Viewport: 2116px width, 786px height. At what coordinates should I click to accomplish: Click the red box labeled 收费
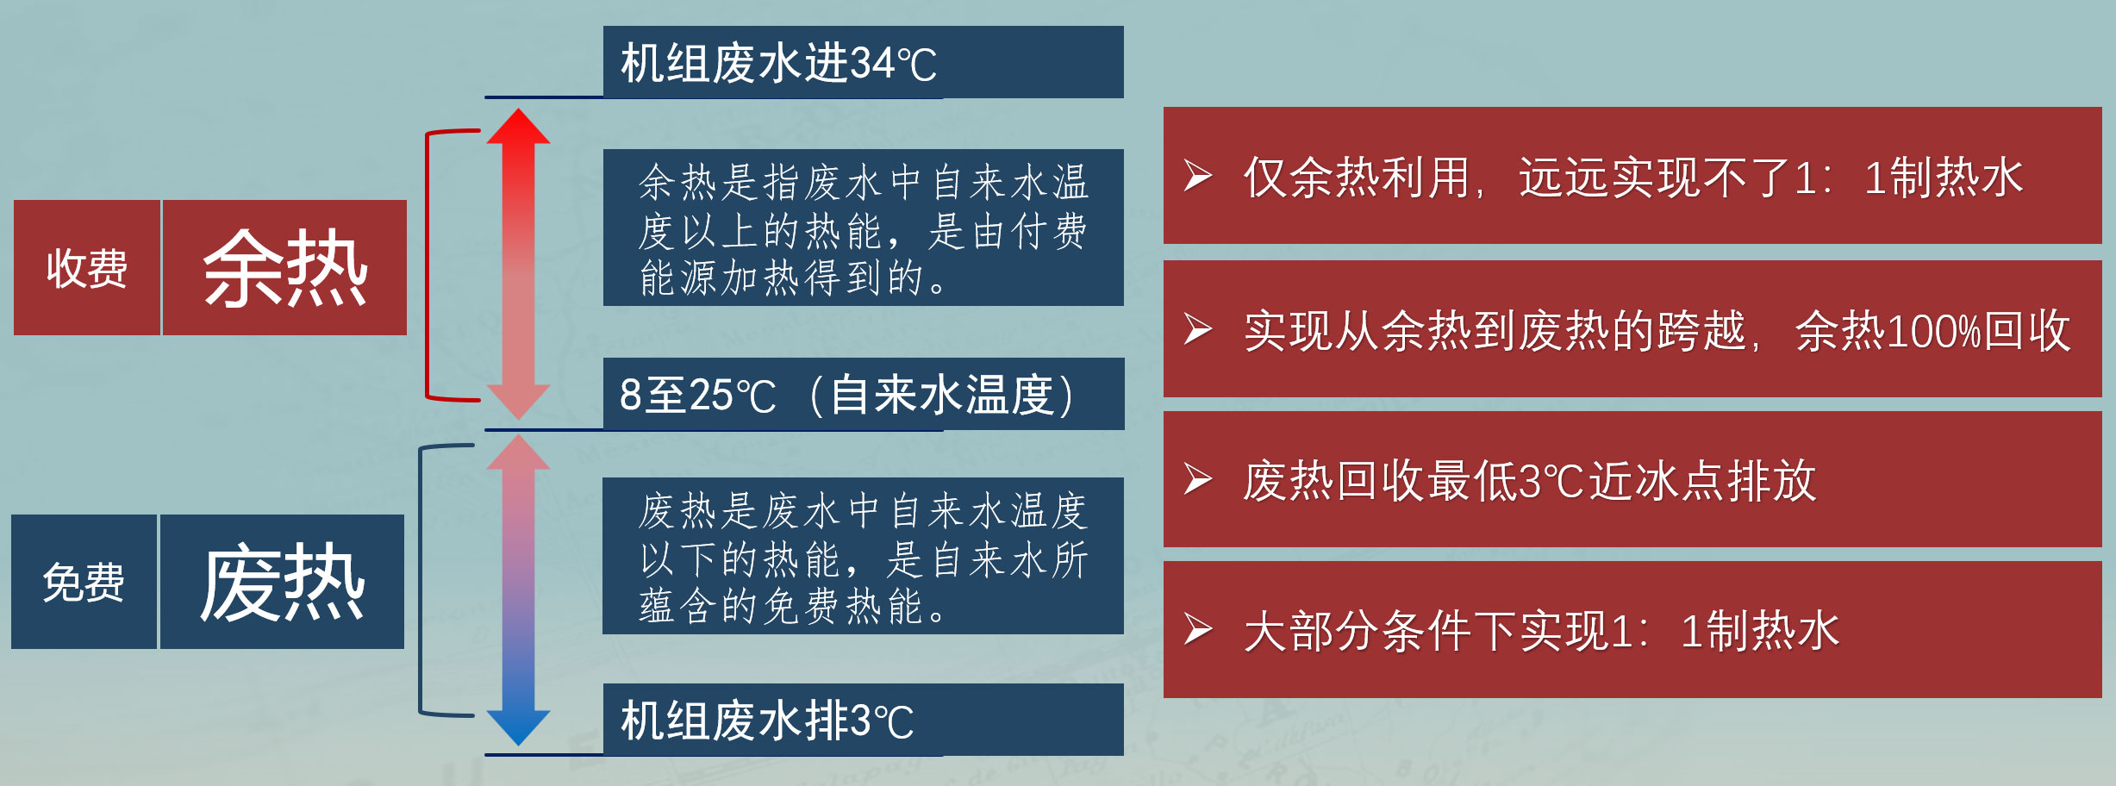pos(87,267)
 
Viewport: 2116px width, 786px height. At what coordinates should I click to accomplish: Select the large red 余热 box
pos(284,267)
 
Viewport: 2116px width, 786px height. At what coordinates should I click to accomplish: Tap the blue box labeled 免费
pos(84,582)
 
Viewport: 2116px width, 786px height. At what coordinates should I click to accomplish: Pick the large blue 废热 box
pos(282,582)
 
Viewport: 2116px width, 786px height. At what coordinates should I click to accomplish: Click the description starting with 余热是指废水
pos(863,228)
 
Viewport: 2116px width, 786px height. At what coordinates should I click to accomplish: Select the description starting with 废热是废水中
pos(863,556)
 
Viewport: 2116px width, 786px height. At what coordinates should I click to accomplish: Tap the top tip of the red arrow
pos(518,109)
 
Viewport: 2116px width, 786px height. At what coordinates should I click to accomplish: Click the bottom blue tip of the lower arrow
pos(518,745)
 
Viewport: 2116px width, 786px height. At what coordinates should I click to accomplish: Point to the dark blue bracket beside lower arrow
pos(421,580)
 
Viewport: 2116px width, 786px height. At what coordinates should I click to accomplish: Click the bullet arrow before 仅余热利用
pos(1198,176)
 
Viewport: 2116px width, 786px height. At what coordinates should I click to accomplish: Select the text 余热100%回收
pos(1933,330)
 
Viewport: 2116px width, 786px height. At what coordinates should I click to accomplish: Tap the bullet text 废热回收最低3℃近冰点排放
pos(1530,480)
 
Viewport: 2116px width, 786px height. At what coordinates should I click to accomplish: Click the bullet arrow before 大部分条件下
pos(1198,629)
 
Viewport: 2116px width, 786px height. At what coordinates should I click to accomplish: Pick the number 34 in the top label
pos(872,63)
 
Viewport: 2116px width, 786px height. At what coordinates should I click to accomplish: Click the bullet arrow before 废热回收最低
pos(1198,479)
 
